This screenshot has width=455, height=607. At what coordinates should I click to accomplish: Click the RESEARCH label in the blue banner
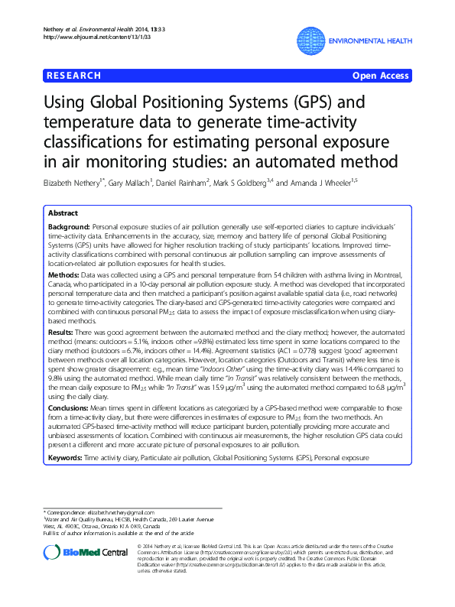pos(74,76)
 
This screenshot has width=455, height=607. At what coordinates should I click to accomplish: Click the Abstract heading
pos(62,214)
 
